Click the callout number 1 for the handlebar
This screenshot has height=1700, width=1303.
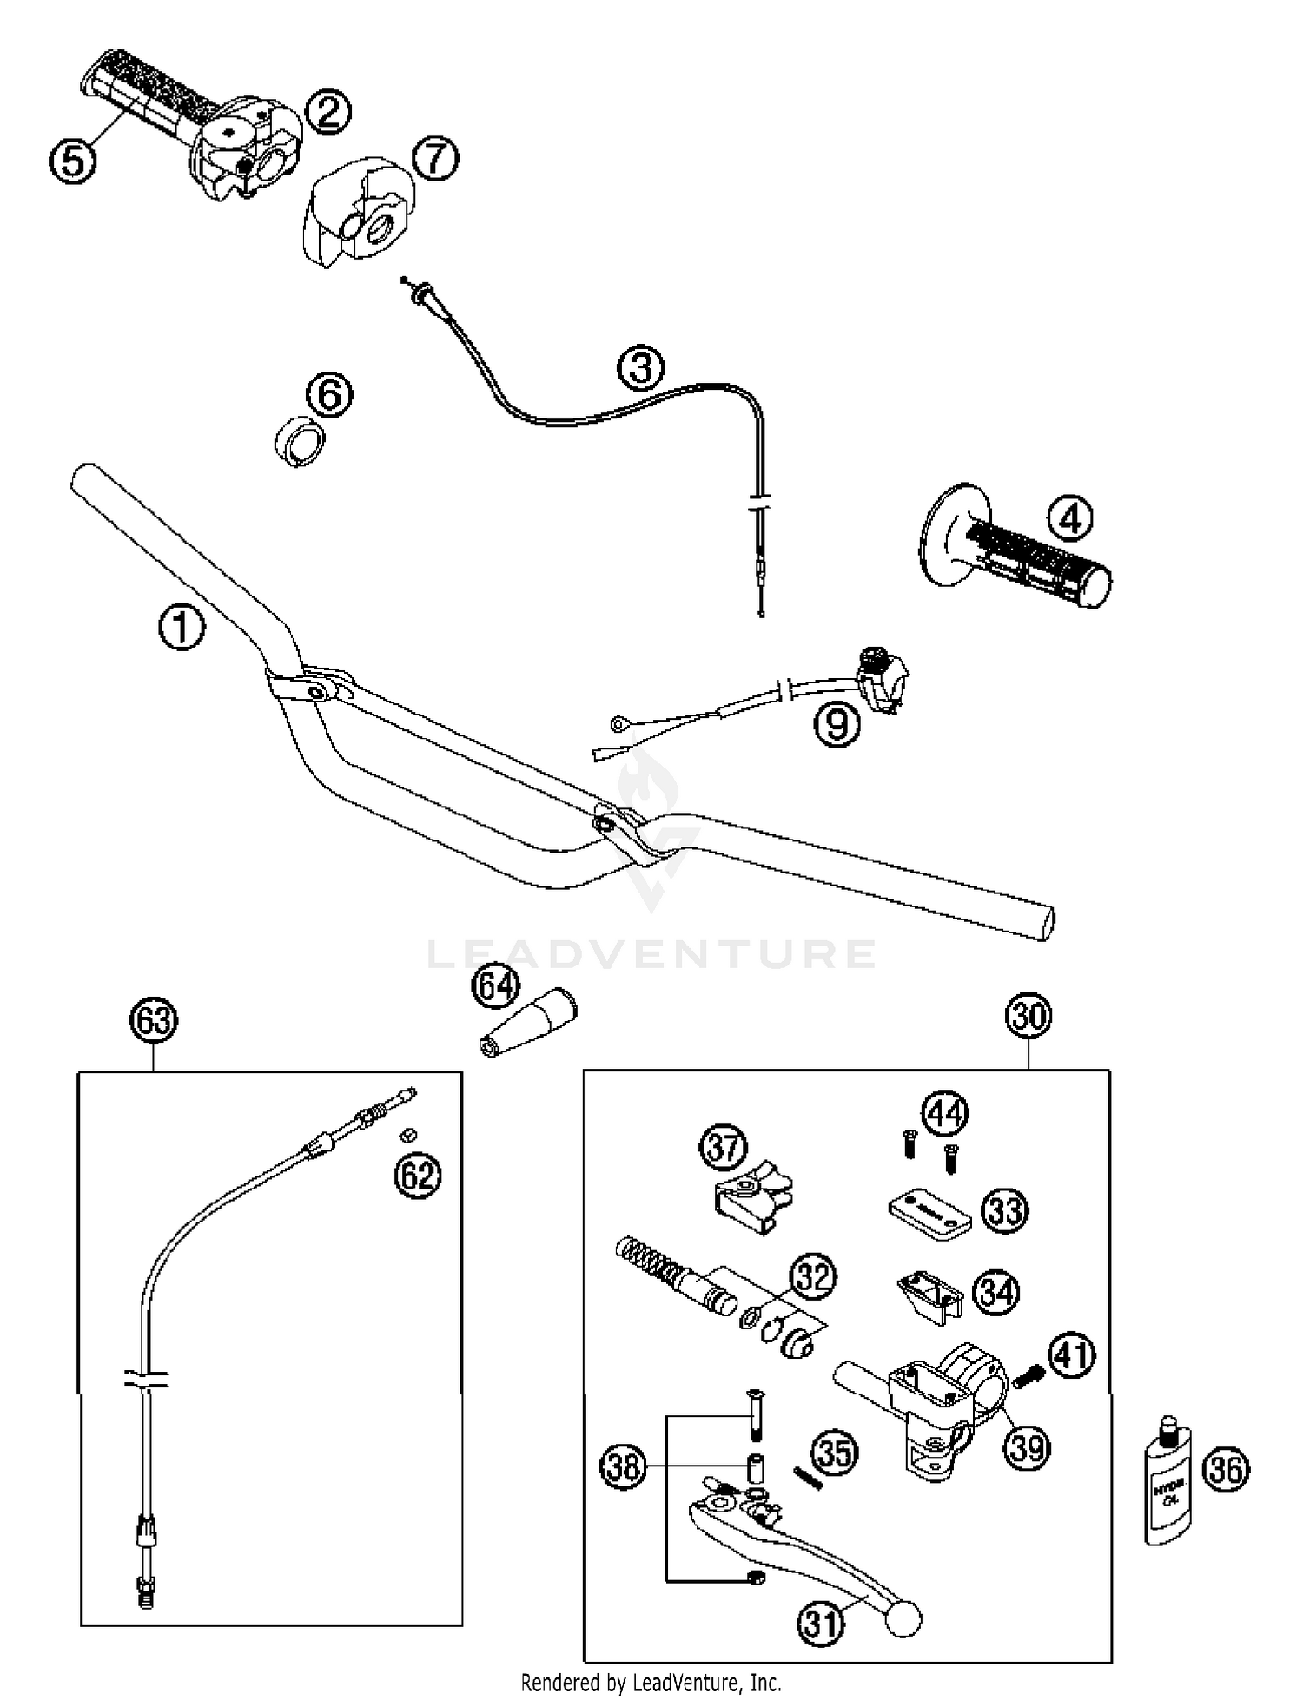coord(182,627)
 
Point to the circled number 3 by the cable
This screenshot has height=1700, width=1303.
coord(641,366)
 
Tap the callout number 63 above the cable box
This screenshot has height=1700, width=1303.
coord(154,1020)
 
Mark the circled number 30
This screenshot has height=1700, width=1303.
coord(1029,1016)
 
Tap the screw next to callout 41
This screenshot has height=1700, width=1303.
coord(1028,1375)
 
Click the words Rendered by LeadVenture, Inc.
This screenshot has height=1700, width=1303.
coord(651,1683)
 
